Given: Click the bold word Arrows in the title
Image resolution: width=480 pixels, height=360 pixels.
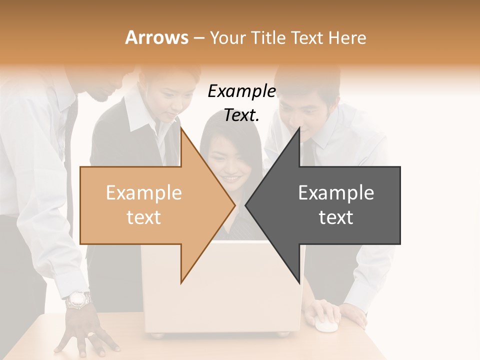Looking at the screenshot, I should coord(157,37).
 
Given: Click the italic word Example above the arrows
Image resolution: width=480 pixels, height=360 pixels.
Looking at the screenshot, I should coord(241,91).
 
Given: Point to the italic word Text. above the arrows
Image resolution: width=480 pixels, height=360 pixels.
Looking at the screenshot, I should coord(241,115).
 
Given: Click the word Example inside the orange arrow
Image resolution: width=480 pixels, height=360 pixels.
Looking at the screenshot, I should coord(143,193).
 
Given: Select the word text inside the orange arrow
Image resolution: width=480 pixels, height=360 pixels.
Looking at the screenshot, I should coord(143,217).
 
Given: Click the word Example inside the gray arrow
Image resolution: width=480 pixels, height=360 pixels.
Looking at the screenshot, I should coord(336,193).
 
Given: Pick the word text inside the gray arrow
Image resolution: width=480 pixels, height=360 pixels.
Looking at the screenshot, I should coord(336,217).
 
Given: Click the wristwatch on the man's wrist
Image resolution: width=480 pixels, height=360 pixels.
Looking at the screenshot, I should coord(79,299).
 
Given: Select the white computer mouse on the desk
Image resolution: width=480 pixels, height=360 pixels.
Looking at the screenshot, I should coord(325,325).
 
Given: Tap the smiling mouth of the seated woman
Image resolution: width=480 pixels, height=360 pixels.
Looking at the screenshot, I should coord(231,178).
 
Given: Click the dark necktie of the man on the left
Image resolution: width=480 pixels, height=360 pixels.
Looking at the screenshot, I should coord(70,150).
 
